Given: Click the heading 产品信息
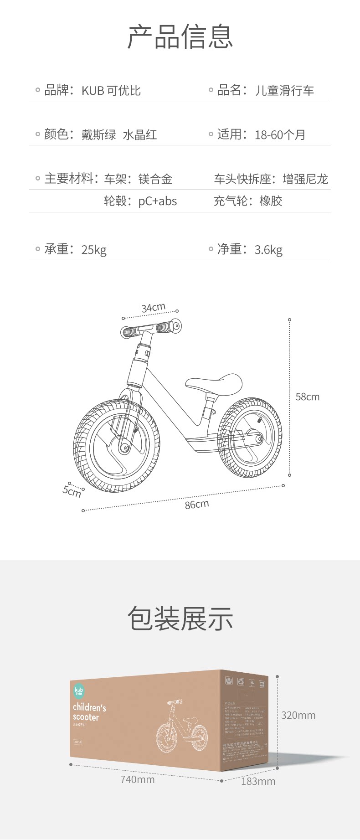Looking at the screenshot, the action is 180,36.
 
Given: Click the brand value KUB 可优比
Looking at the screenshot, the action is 111,91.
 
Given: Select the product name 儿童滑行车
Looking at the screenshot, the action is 284,91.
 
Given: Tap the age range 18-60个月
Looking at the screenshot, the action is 280,135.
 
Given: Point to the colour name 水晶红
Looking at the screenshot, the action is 140,135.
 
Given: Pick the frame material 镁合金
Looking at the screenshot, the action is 155,179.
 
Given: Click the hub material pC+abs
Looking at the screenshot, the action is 158,201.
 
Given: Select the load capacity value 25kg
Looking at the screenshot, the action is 94,250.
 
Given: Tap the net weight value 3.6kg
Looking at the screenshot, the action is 268,250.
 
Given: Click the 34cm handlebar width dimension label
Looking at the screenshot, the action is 153,308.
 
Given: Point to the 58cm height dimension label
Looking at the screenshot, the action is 308,397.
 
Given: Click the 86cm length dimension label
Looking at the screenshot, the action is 197,504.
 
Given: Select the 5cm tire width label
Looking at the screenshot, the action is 72,491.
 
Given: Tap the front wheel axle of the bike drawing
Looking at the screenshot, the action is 124,448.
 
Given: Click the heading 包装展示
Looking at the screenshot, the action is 180,618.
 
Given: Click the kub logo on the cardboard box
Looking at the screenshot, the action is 79,691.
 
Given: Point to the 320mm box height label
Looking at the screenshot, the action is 298,715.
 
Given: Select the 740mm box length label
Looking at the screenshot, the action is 137,779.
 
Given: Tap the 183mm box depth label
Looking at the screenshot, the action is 258,781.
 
